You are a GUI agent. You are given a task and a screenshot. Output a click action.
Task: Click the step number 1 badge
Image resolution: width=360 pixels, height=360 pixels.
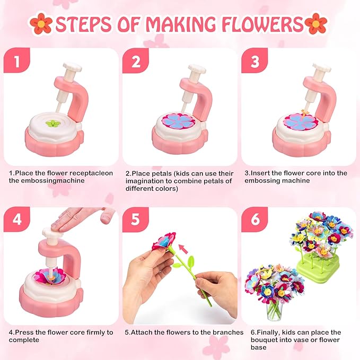pyautogui.click(x=16, y=60)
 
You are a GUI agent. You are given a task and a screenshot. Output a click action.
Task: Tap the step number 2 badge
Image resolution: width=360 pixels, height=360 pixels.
pyautogui.click(x=135, y=60)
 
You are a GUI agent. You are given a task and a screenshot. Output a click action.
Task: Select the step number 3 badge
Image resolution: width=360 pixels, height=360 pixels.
pyautogui.click(x=254, y=60)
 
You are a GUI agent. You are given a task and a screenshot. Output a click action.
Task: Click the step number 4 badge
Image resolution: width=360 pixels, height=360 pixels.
pyautogui.click(x=16, y=219)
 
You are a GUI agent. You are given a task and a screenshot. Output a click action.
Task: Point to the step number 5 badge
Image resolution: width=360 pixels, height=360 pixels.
pyautogui.click(x=135, y=219)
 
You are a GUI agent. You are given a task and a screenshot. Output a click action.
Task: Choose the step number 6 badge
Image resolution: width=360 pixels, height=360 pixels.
pyautogui.click(x=254, y=219)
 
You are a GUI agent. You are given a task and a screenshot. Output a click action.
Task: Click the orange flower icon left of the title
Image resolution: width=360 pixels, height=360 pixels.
pyautogui.click(x=41, y=24)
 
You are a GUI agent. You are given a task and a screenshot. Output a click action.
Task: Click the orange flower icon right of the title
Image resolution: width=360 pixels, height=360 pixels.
pyautogui.click(x=316, y=24)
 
